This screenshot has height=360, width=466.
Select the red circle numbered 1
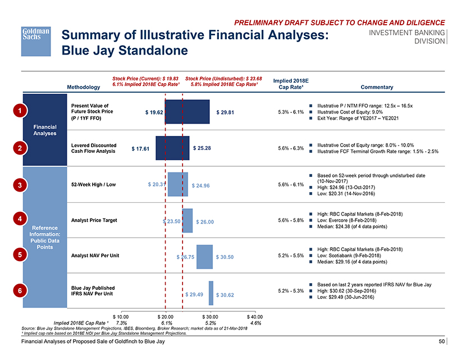click(20, 111)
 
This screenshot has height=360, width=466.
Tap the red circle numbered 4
click(20, 219)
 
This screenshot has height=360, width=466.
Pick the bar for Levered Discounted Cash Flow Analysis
click(172, 148)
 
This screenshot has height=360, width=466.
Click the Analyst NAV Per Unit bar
click(204, 256)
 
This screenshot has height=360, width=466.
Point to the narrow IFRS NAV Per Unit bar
click(211, 292)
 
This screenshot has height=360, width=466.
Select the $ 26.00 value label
click(205, 222)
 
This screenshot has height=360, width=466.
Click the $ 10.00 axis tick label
click(121, 316)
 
